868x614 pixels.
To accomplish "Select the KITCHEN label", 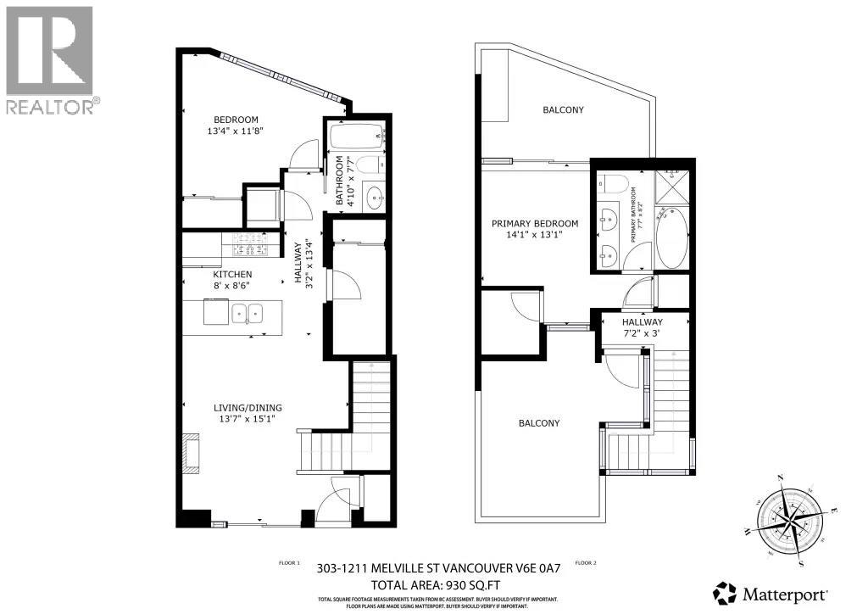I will [x=232, y=275].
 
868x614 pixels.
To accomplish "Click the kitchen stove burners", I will [x=250, y=244].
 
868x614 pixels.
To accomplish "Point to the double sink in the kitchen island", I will [x=248, y=315].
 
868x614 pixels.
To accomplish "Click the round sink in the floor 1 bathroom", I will [x=374, y=198].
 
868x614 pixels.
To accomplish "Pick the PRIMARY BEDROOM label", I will [x=535, y=224].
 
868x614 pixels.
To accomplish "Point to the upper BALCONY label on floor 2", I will [x=563, y=110].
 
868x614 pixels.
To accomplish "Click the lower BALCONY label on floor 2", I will [x=539, y=424].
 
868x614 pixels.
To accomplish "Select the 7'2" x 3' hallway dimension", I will [x=642, y=335].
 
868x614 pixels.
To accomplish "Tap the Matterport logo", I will [x=770, y=589].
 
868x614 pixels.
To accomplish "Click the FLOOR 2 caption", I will [x=586, y=562].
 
